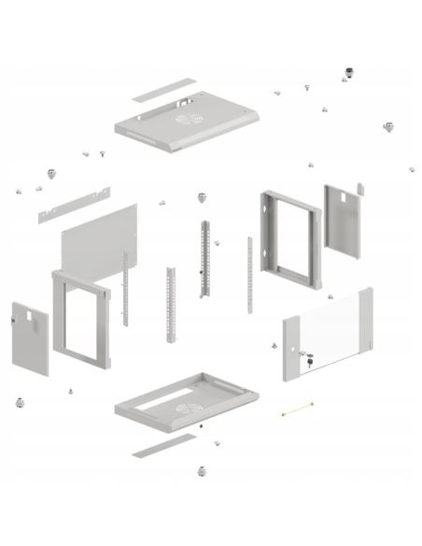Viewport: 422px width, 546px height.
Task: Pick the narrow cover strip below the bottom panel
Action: point(159,448)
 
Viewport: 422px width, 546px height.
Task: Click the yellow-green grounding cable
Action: point(297,408)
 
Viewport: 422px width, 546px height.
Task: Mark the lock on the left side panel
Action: point(12,320)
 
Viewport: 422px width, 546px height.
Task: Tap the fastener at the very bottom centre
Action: point(202,470)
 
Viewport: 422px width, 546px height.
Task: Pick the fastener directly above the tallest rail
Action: point(201,197)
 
